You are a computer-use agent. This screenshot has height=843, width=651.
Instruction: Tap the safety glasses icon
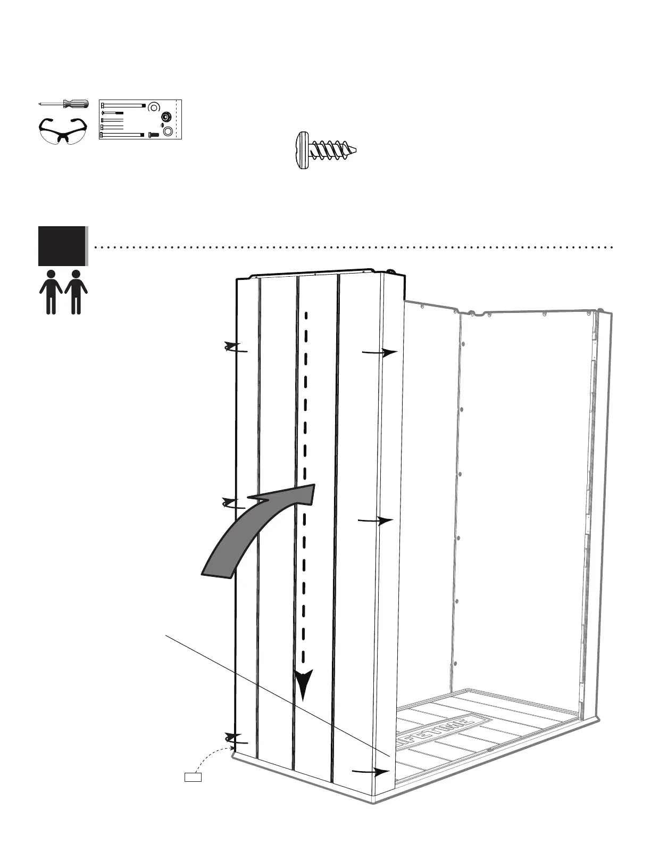pos(62,130)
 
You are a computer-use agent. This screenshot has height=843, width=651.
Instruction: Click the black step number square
pos(62,246)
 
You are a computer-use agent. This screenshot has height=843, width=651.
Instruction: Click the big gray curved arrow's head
pos(290,495)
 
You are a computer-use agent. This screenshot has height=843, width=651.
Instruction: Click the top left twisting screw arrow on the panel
pos(235,348)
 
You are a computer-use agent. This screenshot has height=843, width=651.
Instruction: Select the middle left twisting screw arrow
pos(233,503)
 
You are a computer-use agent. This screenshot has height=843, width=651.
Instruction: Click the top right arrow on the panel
pos(380,352)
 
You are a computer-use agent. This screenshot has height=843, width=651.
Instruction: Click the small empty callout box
pos(193,777)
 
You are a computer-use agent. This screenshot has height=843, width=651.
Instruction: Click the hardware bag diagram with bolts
pos(140,119)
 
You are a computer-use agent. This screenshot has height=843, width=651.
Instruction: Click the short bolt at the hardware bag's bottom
pos(154,135)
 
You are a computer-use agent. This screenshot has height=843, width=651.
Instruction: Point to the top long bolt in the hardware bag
pos(123,105)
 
